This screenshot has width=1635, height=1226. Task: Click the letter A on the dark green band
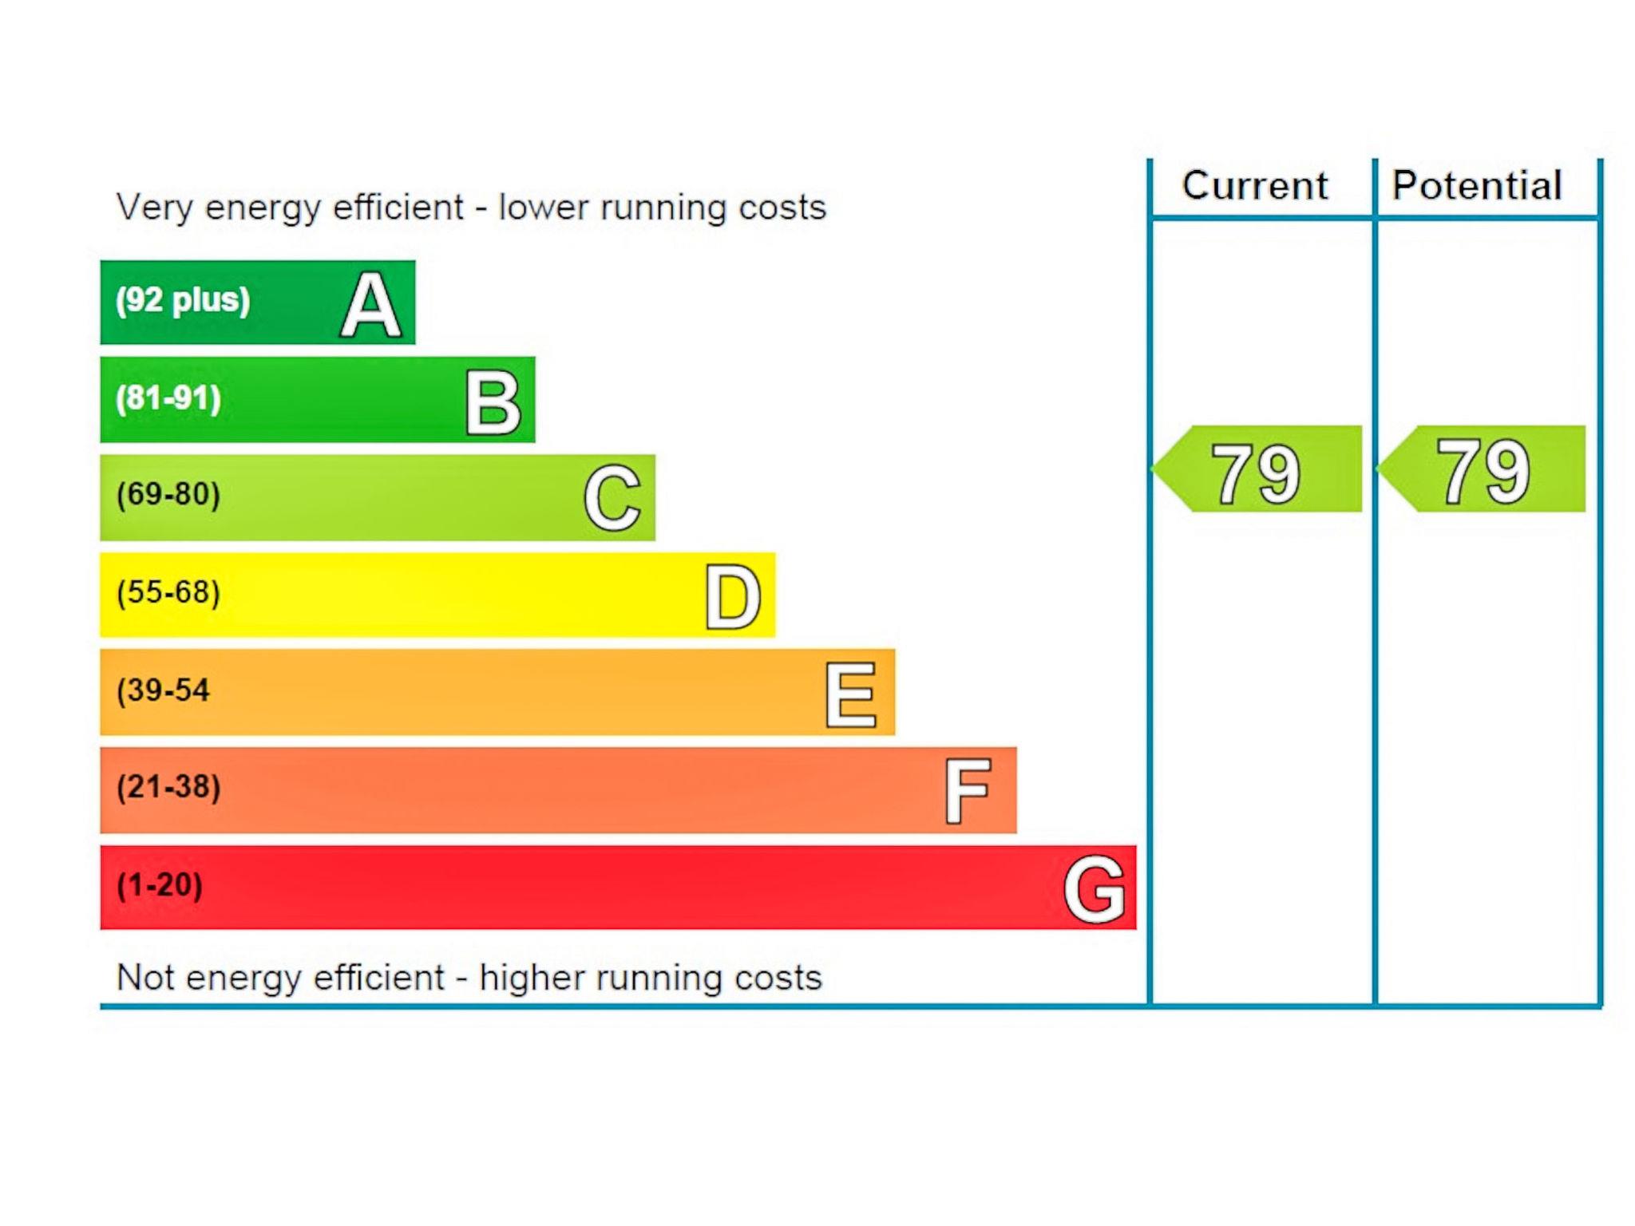370,305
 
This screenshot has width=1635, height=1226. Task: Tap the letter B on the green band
493,403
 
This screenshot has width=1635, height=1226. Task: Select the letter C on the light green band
612,498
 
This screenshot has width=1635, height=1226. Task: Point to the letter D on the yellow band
732,597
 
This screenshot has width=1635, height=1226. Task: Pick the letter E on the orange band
850,694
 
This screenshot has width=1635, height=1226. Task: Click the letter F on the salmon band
968,791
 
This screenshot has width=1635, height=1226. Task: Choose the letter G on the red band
1095,888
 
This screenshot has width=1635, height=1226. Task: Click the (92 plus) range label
183,301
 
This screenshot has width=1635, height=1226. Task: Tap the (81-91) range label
168,397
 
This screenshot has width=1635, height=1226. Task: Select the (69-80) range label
168,494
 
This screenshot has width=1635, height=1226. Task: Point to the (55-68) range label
168,592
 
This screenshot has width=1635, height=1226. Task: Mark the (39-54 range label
163,690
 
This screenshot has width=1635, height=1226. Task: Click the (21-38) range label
168,787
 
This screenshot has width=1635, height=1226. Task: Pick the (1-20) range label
160,885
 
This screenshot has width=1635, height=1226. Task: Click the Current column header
1254,186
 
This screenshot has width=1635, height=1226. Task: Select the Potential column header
1477,186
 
